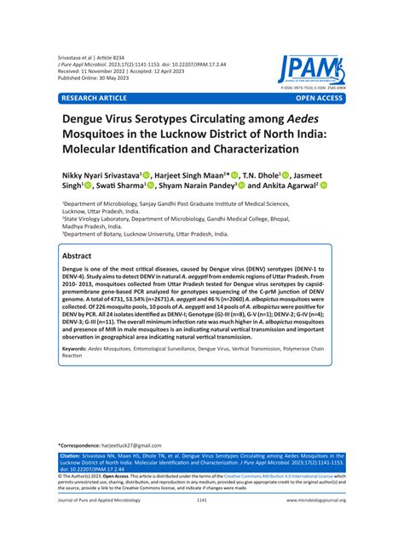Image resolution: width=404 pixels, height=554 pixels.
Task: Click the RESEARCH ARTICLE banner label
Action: pyautogui.click(x=97, y=99)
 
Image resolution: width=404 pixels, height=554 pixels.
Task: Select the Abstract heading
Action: pyautogui.click(x=84, y=255)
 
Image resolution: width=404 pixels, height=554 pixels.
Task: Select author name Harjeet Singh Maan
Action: pyautogui.click(x=217, y=172)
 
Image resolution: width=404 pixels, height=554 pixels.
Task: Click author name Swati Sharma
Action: pyautogui.click(x=122, y=185)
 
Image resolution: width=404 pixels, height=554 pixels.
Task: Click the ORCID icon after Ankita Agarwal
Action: pyautogui.click(x=324, y=185)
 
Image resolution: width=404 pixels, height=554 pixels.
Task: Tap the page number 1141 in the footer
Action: pyautogui.click(x=202, y=525)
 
